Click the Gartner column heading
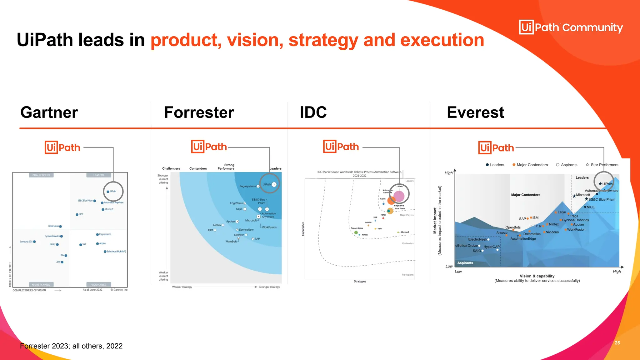[x=49, y=112]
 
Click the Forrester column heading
[x=199, y=112]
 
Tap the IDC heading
[x=313, y=112]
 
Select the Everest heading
[x=475, y=112]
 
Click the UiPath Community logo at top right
[x=571, y=27]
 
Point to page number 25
[x=617, y=343]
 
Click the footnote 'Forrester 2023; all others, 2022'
[x=71, y=346]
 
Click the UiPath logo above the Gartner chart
[x=62, y=147]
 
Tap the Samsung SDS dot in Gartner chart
[x=34, y=242]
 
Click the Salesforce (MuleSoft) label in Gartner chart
[x=116, y=252]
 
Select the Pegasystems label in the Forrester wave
[x=247, y=186]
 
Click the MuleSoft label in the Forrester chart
[x=231, y=242]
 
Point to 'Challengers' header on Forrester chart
[x=171, y=168]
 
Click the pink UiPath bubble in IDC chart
[x=399, y=196]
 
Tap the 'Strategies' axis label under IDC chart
[x=360, y=282]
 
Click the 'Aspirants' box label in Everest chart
[x=465, y=263]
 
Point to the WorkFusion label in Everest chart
[x=576, y=230]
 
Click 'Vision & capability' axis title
[x=537, y=276]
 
